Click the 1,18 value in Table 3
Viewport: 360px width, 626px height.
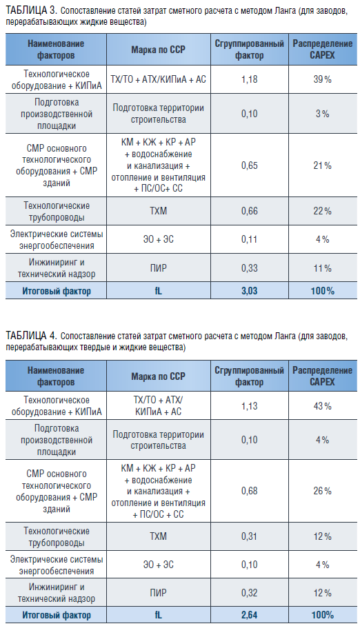tap(250, 79)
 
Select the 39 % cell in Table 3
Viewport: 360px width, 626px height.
tap(323, 79)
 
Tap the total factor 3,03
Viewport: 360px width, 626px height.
tap(250, 291)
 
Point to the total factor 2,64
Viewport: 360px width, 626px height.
tap(250, 615)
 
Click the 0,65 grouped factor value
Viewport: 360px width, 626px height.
tap(250, 165)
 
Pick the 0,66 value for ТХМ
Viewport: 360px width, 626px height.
tap(250, 211)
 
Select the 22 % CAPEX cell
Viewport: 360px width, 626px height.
tap(323, 211)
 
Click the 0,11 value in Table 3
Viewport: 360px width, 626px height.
tap(250, 239)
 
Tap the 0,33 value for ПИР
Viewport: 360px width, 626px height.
tap(250, 268)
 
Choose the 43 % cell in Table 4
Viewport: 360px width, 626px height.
tap(323, 406)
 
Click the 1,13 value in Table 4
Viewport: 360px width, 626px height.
tap(250, 406)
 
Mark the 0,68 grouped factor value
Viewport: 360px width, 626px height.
tap(250, 491)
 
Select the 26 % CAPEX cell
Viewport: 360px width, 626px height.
tap(323, 491)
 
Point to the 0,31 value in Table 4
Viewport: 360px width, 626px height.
tap(250, 536)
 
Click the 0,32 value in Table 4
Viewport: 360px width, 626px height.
tap(250, 593)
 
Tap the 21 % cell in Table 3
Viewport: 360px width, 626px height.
tap(323, 165)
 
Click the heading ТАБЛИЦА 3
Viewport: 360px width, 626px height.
tap(31, 11)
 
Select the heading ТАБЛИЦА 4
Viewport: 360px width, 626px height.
tap(31, 335)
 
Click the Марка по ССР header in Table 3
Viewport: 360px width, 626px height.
tap(159, 50)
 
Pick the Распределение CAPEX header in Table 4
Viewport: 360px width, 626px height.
tap(323, 376)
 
